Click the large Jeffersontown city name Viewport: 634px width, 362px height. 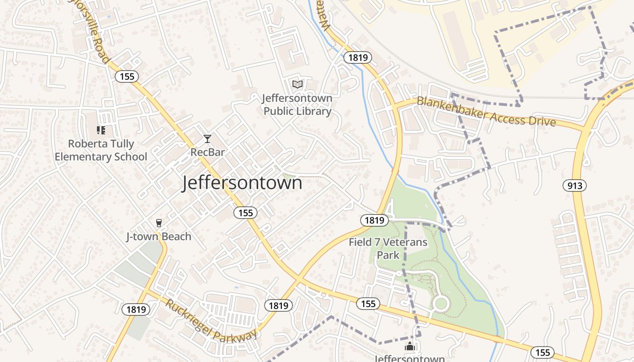click(242, 183)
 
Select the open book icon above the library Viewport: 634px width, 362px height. click(298, 84)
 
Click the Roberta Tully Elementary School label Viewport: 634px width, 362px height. click(101, 150)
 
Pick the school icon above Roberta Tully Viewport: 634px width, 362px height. click(101, 130)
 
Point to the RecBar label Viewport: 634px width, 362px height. click(207, 152)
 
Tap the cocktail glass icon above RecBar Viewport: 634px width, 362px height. click(207, 138)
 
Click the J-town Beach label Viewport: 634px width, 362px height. click(158, 237)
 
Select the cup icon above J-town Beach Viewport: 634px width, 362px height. click(158, 223)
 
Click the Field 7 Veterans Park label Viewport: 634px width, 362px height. click(388, 248)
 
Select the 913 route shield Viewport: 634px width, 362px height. click(575, 186)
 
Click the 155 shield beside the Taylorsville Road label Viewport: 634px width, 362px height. click(127, 76)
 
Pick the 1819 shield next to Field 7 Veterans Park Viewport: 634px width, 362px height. click(375, 220)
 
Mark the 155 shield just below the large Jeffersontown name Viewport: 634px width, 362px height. click(245, 213)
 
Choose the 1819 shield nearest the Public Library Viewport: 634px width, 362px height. click(358, 57)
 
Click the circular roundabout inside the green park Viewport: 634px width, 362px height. click(440, 304)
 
